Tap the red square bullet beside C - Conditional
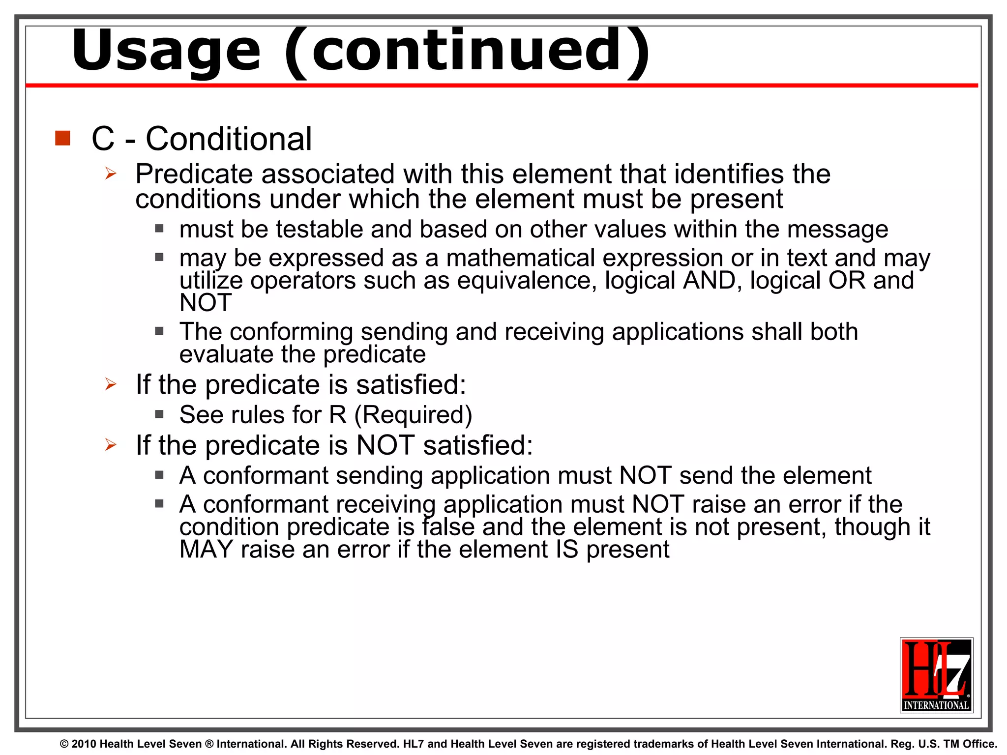63,138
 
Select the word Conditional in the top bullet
229,139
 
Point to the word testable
320,230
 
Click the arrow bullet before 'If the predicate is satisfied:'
111,384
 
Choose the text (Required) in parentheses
413,415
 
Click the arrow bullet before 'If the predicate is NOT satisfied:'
111,445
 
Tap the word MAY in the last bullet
206,549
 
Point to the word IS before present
567,549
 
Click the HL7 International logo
936,675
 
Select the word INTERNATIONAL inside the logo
936,705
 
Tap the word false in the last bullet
448,527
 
